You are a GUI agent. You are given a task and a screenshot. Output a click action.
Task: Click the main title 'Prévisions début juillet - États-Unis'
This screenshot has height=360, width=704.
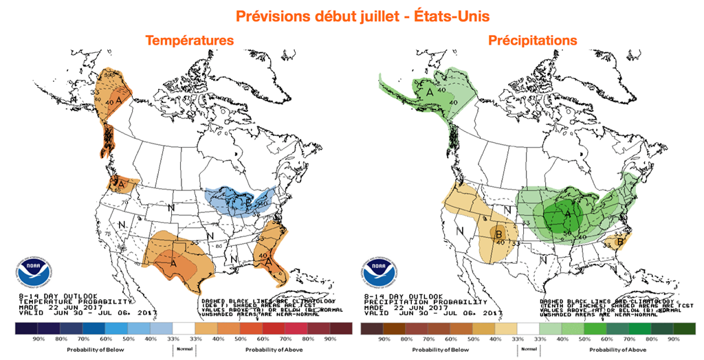(352, 14)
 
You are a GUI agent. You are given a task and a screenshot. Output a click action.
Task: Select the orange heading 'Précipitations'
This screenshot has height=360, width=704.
(533, 41)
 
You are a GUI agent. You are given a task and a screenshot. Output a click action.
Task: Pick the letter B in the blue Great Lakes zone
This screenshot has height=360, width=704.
(247, 203)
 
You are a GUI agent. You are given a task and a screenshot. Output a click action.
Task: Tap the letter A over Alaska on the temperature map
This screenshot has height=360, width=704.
(119, 100)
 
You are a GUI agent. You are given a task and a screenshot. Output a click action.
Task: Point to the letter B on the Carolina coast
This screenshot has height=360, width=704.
(620, 242)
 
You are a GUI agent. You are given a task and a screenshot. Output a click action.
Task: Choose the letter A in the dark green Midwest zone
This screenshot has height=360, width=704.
(568, 214)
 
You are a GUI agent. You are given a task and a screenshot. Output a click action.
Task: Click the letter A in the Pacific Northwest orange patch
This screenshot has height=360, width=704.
(119, 184)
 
